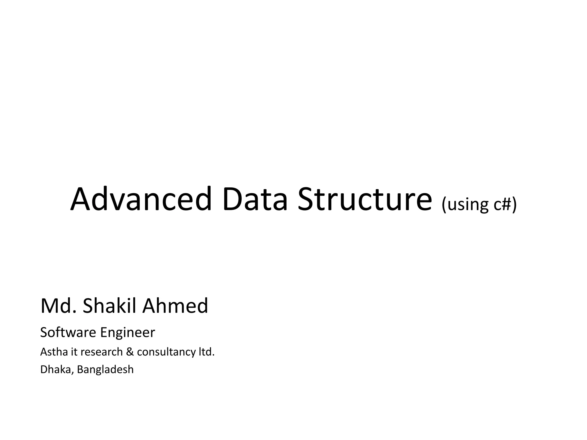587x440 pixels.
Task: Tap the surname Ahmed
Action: point(175,306)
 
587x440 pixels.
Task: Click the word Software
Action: point(68,333)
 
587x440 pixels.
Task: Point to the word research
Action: point(102,352)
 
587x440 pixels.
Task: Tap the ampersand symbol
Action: point(130,352)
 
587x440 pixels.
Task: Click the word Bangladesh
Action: point(105,370)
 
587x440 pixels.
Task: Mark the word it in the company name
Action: point(74,352)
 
